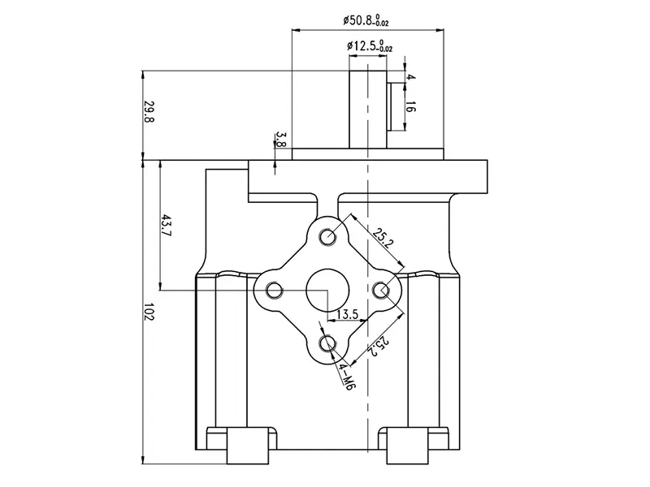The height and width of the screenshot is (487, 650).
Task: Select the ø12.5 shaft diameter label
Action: point(370,46)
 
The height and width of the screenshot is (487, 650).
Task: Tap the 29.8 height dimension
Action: point(149,111)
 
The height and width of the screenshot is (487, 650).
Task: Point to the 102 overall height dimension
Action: point(149,312)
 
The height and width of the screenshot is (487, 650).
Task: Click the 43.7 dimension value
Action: point(167,226)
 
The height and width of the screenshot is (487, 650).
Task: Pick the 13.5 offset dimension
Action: point(347,314)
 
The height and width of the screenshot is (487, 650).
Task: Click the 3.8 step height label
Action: point(280,140)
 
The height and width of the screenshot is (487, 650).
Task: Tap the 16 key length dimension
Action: point(410,106)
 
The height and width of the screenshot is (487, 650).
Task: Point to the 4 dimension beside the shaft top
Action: point(410,77)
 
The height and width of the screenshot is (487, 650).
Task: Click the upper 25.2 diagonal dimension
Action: point(383,238)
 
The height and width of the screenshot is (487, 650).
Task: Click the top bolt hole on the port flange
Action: point(328,237)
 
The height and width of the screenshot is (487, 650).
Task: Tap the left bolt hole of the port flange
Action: point(274,291)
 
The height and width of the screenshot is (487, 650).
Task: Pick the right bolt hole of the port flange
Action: point(381,291)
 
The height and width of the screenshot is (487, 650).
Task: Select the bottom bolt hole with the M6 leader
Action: point(328,343)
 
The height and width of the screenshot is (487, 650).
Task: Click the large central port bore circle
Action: point(327,291)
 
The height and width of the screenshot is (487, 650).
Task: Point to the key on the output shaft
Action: point(390,107)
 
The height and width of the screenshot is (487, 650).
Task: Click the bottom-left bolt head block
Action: point(248,446)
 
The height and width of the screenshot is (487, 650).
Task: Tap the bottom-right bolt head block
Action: point(407,446)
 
